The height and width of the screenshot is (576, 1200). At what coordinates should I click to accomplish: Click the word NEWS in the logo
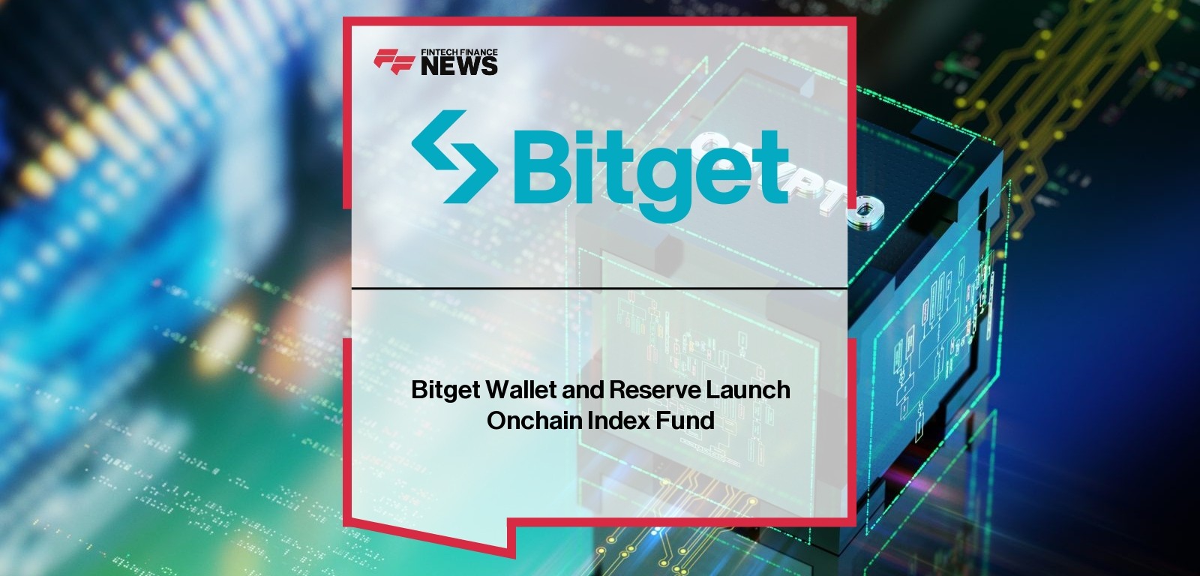point(459,66)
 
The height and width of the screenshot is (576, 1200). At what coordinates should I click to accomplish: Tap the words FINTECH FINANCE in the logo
point(459,52)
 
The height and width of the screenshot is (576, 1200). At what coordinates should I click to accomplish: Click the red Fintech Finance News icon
point(394,61)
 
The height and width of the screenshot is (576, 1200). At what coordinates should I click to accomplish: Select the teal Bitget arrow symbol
point(454,157)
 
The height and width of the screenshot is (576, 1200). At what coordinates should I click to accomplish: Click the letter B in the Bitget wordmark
point(538,168)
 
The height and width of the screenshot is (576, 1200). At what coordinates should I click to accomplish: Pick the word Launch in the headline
point(748,389)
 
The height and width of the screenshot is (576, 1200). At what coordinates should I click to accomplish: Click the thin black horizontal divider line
point(599,288)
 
